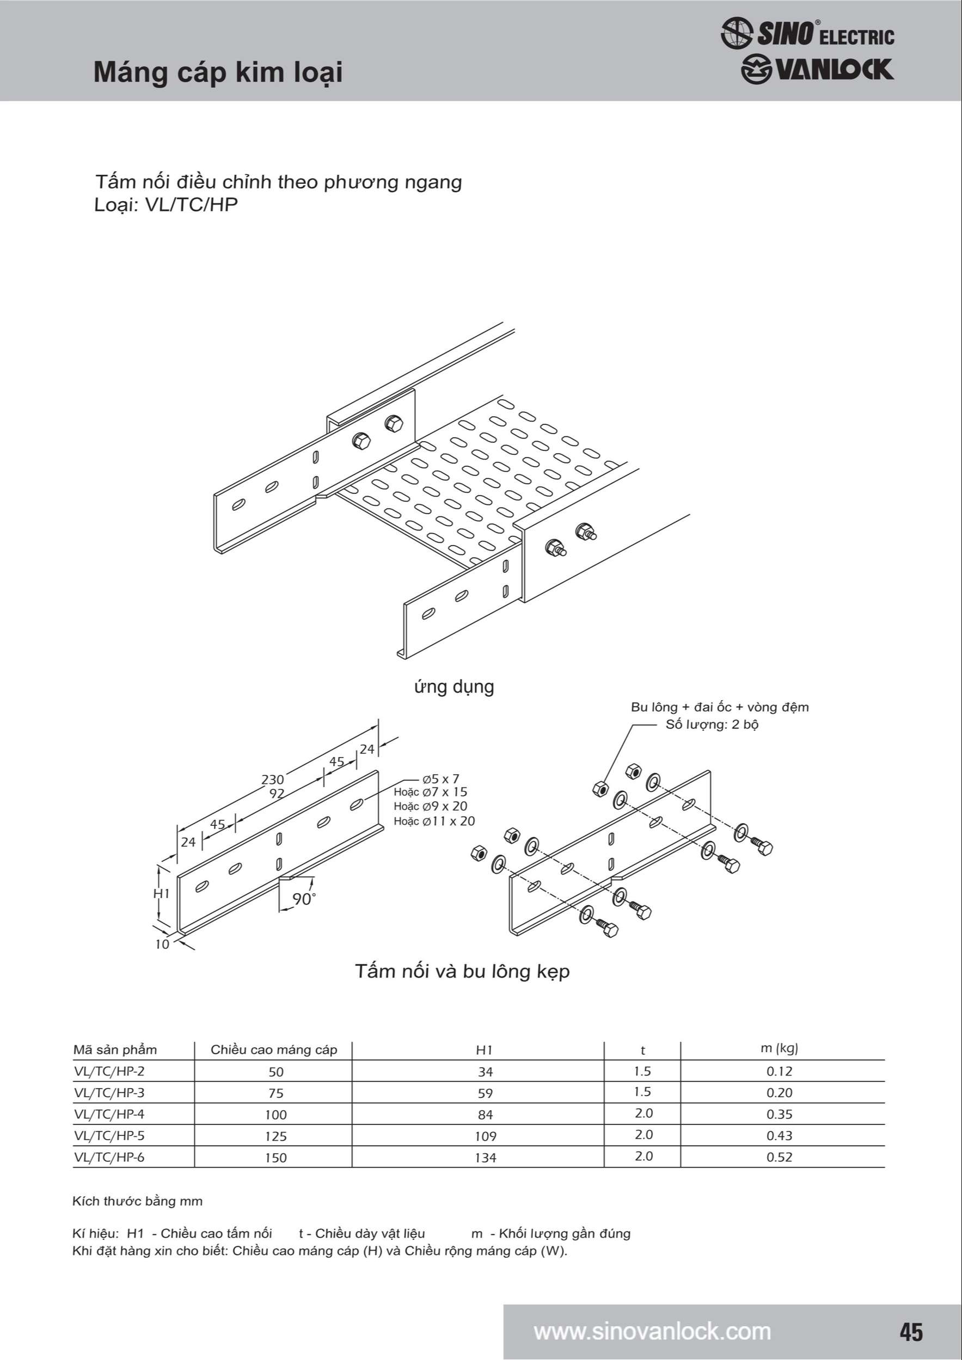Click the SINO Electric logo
[x=807, y=33]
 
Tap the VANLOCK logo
[x=817, y=69]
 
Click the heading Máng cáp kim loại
[x=218, y=73]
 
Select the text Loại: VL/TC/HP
[x=166, y=205]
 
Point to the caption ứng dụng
[x=454, y=687]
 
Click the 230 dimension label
[x=273, y=779]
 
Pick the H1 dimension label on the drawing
[x=162, y=893]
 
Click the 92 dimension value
[x=277, y=793]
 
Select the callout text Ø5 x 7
[x=440, y=779]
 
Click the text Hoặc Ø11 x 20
[x=434, y=821]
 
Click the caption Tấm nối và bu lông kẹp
[x=462, y=972]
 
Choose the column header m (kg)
[x=779, y=1048]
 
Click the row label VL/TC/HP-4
[x=109, y=1114]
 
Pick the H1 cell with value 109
[x=486, y=1136]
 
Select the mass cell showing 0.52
[x=779, y=1158]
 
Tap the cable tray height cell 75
[x=275, y=1093]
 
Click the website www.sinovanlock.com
[x=652, y=1332]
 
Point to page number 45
[x=911, y=1332]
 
